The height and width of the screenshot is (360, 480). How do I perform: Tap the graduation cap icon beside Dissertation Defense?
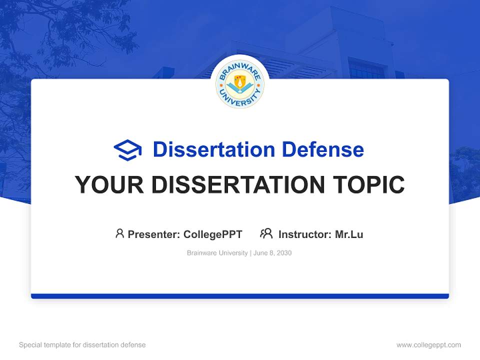point(127,150)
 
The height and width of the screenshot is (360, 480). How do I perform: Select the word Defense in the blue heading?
point(322,149)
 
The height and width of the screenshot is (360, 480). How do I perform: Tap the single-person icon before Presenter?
point(119,233)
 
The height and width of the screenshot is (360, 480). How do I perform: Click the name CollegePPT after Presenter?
point(213,234)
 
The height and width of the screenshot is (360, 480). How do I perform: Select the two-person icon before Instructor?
point(266,233)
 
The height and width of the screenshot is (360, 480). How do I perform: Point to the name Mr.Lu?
point(349,234)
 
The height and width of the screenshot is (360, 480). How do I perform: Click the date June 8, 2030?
point(272,253)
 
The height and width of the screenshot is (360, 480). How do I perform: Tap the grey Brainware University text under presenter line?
point(217,253)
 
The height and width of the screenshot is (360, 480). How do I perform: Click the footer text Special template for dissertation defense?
point(82,345)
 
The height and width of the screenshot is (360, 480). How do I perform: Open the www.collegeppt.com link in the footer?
point(428,345)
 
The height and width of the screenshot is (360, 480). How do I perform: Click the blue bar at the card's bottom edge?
point(240,296)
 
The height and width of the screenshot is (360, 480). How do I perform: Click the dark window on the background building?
point(367,68)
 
